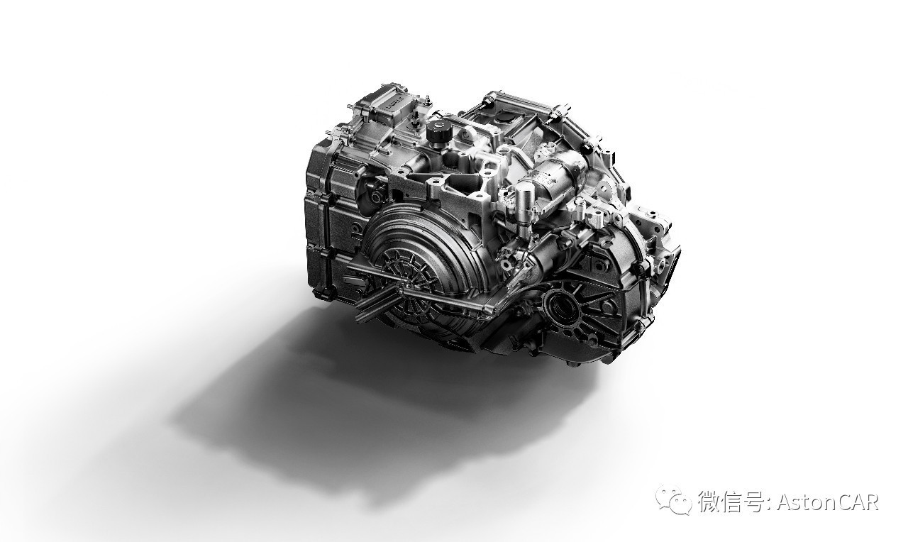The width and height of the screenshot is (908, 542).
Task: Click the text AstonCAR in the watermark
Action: coord(828,502)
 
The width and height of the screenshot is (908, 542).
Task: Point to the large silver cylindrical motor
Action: coord(560,175)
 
